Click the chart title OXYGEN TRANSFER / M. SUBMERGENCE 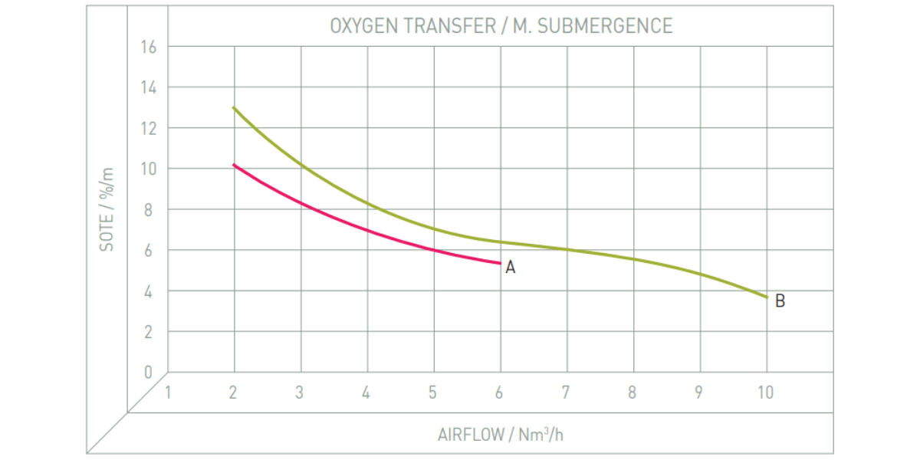tap(501, 26)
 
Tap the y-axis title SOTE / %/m tap(107, 209)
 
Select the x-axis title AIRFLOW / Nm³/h tap(501, 435)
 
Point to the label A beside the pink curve tap(511, 268)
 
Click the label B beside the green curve tap(780, 301)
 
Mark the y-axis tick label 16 tap(148, 47)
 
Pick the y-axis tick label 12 tap(148, 128)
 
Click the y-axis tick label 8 tap(149, 209)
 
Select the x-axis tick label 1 tap(167, 393)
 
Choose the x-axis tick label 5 tap(433, 393)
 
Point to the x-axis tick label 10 tap(765, 393)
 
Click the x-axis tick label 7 tap(566, 393)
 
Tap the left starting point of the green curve tap(234, 108)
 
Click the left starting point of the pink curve tap(234, 165)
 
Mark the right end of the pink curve tap(500, 263)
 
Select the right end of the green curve tap(766, 297)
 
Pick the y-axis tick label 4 tap(149, 291)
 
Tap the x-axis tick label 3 tap(300, 393)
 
